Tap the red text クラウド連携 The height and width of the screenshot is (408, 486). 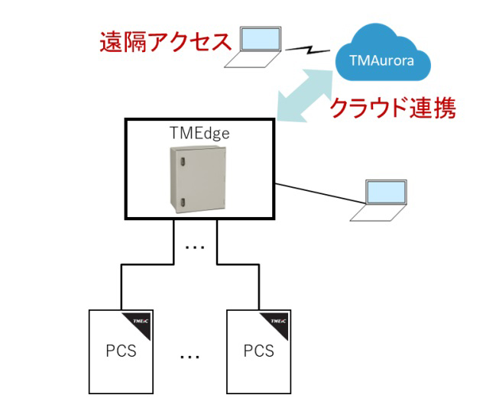click(392, 108)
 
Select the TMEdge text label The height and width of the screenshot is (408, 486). click(199, 131)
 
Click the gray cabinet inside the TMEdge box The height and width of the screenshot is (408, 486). click(198, 177)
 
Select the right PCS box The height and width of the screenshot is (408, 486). click(258, 351)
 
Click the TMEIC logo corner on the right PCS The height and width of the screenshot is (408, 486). click(279, 320)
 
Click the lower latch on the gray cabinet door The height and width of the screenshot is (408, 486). click(182, 202)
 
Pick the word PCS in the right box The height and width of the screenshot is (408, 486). click(258, 351)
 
